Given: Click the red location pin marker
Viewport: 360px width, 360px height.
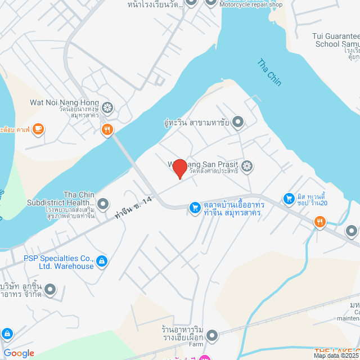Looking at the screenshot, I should tap(179, 169).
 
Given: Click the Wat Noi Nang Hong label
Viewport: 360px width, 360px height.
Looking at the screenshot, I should tap(64, 103).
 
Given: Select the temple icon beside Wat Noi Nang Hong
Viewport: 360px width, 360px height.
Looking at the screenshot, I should tap(107, 107).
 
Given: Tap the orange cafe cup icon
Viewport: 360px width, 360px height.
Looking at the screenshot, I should tap(38, 129).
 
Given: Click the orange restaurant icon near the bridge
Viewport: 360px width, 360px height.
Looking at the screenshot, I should tap(107, 130).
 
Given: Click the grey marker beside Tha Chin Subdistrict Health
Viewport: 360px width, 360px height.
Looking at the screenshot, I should tap(103, 202).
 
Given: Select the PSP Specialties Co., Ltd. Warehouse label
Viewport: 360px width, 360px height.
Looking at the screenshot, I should tap(58, 262).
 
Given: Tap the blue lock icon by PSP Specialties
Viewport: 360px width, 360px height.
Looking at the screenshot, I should tap(102, 260).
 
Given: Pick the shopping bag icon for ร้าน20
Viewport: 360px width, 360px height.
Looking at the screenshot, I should tap(289, 198).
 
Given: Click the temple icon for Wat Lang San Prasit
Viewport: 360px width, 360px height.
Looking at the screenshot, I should tap(247, 166).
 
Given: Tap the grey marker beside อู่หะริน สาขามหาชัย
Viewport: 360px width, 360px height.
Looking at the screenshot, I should tap(238, 121).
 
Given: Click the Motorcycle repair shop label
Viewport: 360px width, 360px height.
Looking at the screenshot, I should tap(251, 4).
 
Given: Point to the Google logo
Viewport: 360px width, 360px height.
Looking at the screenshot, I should tap(19, 353).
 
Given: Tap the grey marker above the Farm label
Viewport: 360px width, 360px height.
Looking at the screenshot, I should tap(212, 336).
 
